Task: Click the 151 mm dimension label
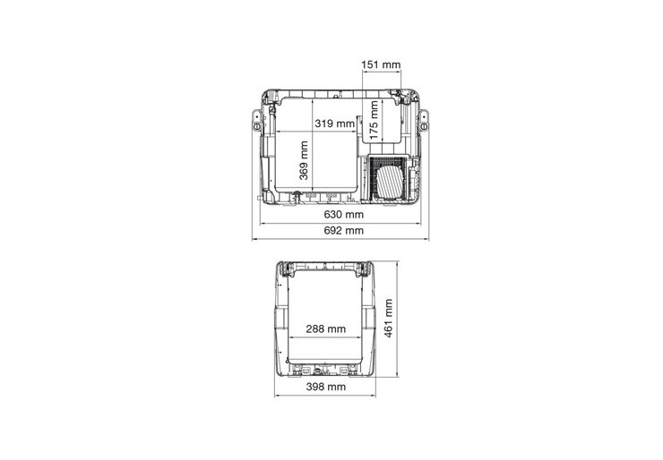pos(381,64)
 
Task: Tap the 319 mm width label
pos(334,124)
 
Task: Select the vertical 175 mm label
pos(374,120)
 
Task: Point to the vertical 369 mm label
pos(304,160)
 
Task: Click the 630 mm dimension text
pos(344,214)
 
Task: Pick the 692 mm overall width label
pos(344,230)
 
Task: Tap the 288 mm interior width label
pos(325,328)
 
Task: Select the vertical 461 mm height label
pos(388,319)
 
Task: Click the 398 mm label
pos(325,387)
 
